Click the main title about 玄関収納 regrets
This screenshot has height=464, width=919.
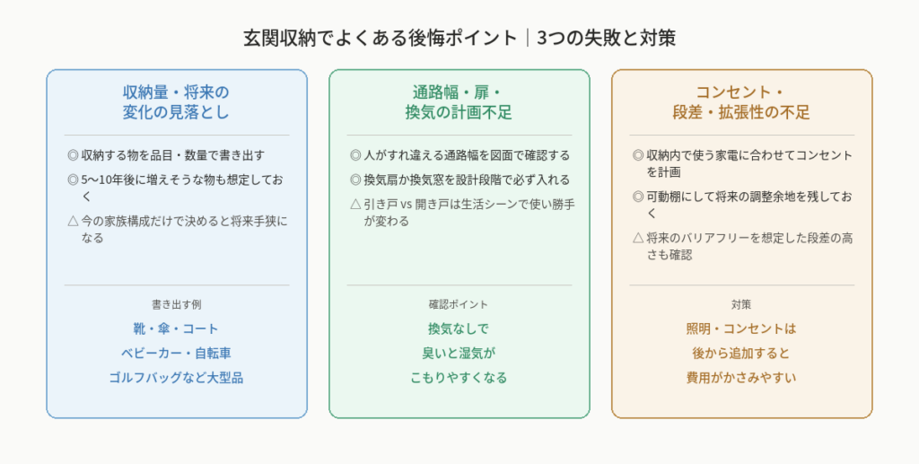459,38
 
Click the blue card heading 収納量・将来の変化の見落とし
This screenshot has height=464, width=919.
176,102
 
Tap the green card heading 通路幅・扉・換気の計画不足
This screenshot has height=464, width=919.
459,102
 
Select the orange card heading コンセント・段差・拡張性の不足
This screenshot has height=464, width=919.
741,102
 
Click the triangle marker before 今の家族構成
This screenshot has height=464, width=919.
73,222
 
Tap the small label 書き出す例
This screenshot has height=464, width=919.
177,304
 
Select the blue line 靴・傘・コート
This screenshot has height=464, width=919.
176,328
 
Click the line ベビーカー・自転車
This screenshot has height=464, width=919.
176,354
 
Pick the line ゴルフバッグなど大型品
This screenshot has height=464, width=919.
176,378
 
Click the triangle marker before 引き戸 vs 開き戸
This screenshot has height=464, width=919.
355,205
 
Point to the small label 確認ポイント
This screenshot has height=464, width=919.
459,304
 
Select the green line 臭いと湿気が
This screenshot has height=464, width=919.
459,354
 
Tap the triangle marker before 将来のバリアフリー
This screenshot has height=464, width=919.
638,238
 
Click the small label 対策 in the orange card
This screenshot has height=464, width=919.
741,304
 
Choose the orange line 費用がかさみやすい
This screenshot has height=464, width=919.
741,378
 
